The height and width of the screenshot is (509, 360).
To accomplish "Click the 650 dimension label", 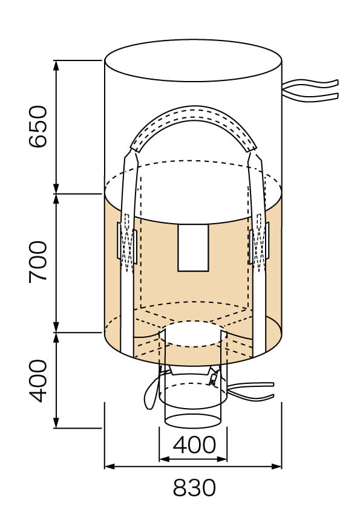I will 38,126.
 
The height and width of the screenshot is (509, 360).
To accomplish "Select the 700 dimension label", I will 38,261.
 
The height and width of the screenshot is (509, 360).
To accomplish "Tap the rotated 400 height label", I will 38,380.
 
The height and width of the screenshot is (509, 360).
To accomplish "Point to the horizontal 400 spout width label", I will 194,445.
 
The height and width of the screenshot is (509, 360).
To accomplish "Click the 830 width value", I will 194,487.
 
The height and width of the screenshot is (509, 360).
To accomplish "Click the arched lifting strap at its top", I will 192,115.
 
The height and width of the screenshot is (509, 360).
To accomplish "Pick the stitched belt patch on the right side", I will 258,245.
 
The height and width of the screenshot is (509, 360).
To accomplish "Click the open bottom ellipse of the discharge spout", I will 193,421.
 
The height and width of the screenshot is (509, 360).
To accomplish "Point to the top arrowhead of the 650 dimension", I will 56,65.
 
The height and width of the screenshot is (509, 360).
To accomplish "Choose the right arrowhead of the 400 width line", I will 223,459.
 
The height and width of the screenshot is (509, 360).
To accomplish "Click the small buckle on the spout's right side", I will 212,378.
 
